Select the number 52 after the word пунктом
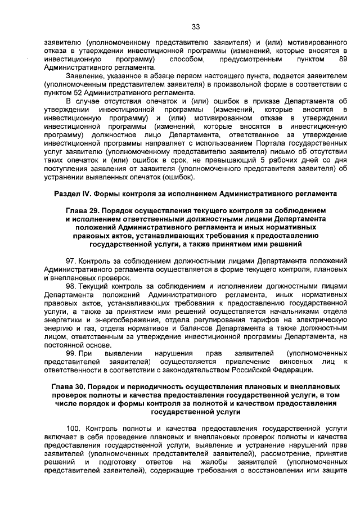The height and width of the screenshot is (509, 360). tap(69, 93)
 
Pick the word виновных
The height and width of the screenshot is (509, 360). tap(291, 362)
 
